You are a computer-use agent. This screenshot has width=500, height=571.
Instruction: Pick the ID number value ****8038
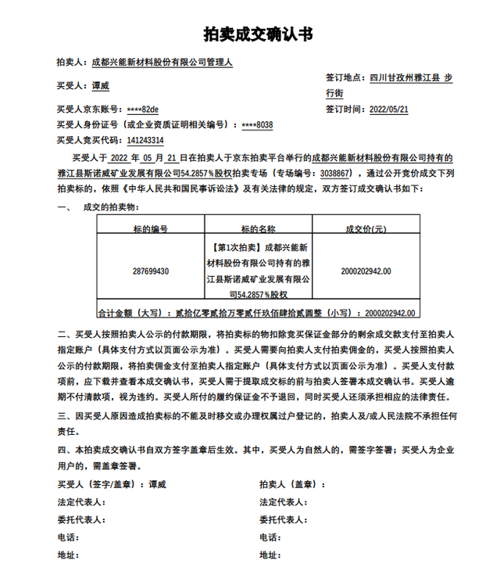click(x=258, y=124)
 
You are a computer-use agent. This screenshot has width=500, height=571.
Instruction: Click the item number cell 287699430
click(x=151, y=271)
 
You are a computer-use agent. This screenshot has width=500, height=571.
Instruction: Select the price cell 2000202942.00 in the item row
click(x=366, y=271)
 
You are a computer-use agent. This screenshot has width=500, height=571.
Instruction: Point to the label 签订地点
click(x=345, y=77)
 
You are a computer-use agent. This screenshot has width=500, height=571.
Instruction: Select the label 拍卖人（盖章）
click(x=290, y=485)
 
